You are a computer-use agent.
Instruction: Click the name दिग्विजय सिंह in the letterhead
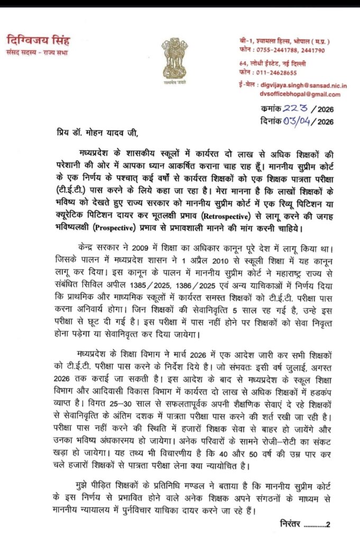point(38,41)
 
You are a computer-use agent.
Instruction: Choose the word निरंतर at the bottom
point(292,524)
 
